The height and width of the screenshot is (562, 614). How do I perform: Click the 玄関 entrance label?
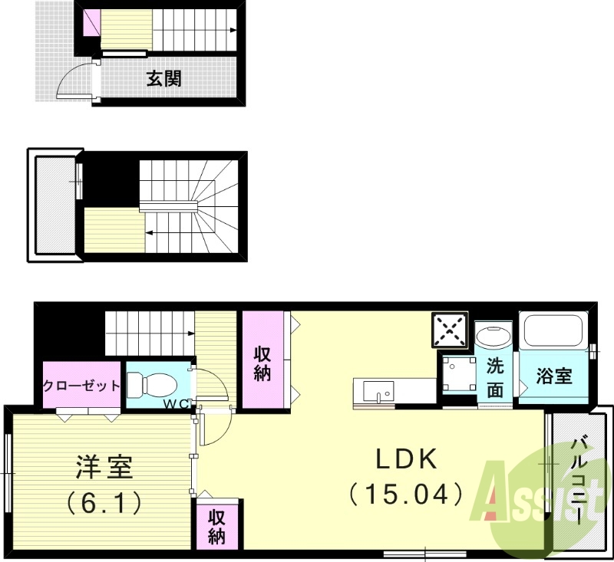click(164, 77)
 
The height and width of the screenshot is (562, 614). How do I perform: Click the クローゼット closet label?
click(81, 386)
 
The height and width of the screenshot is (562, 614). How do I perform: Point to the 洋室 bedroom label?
click(104, 467)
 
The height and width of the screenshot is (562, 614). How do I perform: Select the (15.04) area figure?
click(406, 493)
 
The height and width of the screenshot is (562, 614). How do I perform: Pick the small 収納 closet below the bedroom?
click(218, 526)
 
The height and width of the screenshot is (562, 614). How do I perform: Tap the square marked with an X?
click(450, 330)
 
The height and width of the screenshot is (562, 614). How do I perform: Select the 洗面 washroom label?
click(496, 376)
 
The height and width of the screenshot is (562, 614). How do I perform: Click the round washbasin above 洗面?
click(493, 335)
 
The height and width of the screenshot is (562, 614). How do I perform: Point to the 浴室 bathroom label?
click(554, 376)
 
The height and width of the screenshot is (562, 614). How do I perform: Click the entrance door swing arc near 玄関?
click(73, 81)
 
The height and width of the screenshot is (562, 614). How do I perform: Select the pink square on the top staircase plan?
click(91, 22)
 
